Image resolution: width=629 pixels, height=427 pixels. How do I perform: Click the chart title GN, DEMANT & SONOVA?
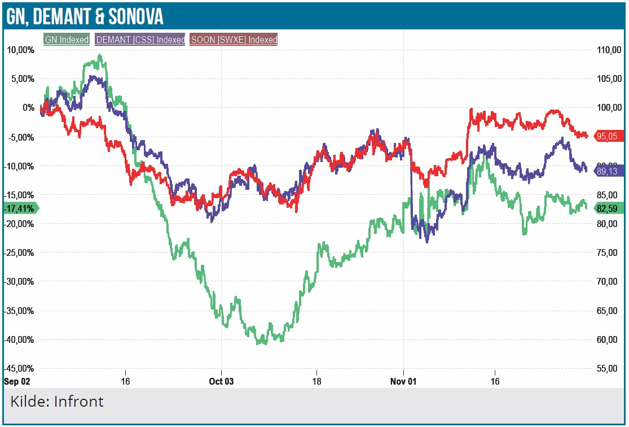coord(85,16)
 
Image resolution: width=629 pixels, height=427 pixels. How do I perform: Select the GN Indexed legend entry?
coord(67,40)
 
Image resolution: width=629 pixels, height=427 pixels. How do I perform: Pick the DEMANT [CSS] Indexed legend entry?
coord(140,40)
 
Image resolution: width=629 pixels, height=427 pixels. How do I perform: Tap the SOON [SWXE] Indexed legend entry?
coord(234,40)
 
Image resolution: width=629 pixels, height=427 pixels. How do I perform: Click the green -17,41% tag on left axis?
coord(20,208)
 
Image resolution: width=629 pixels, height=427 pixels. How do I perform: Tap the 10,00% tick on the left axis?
coord(20,50)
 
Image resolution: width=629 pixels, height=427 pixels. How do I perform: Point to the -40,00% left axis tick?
coord(19,339)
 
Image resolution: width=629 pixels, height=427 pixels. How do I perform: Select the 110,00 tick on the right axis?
coord(609,50)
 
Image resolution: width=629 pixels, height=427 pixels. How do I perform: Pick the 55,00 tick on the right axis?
coord(609,368)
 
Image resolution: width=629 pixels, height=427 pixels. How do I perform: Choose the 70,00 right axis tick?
coord(609,281)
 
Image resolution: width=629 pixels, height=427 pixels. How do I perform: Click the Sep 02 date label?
coord(16,381)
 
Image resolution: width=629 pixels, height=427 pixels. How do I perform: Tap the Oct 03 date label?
coord(221,381)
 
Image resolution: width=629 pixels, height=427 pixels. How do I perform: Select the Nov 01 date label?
coord(404,381)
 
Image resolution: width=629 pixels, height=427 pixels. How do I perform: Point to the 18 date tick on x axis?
coord(317,381)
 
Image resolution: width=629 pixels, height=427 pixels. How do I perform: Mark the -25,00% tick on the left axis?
coord(19,252)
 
